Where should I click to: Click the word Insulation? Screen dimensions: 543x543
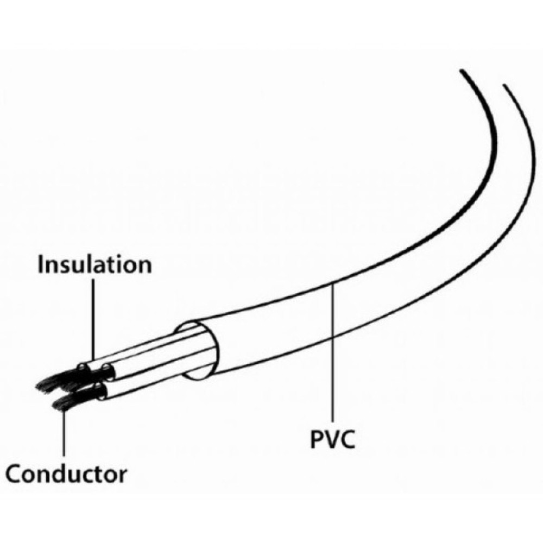95,265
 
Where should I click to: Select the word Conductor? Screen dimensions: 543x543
66,474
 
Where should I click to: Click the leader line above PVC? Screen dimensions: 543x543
332,353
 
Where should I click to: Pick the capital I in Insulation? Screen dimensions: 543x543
41,265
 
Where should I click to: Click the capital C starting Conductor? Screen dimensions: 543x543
15,474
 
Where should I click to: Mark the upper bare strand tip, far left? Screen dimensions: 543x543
41,386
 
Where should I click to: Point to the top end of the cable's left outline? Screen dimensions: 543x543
462,71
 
